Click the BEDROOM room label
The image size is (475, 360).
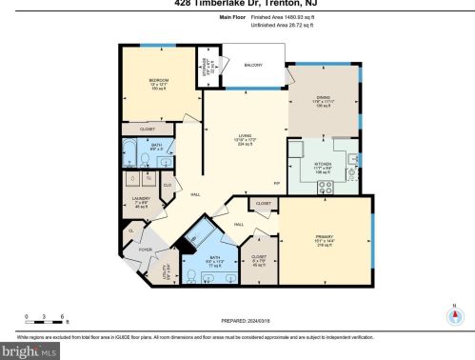[x=158, y=80]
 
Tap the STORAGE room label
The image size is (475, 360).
[x=206, y=70]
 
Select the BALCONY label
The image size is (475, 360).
[x=253, y=65]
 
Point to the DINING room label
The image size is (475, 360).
[x=324, y=111]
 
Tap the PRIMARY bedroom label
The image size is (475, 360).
[x=324, y=239]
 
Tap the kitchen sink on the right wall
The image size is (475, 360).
[x=352, y=159]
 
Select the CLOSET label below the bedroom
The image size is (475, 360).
[x=148, y=129]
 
